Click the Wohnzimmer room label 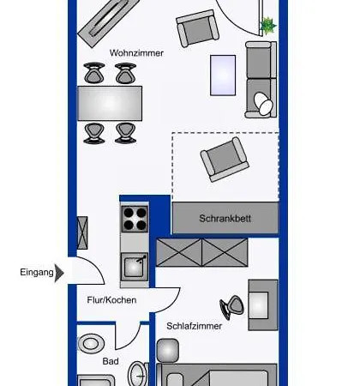click(x=136, y=53)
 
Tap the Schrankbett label click(x=225, y=219)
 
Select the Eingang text click(x=37, y=273)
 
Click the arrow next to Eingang click(x=59, y=273)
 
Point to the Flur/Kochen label click(x=111, y=300)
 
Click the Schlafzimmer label click(x=195, y=326)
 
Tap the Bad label click(x=111, y=361)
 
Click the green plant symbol click(x=268, y=26)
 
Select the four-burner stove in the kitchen click(x=135, y=219)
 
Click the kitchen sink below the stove click(x=135, y=267)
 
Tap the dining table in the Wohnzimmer click(x=110, y=103)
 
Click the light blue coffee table click(x=223, y=75)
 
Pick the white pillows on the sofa click(x=263, y=104)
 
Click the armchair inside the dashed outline click(x=225, y=160)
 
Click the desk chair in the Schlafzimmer click(x=232, y=307)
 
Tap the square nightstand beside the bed click(x=168, y=350)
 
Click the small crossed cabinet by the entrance click(x=82, y=232)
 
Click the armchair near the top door click(x=197, y=28)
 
